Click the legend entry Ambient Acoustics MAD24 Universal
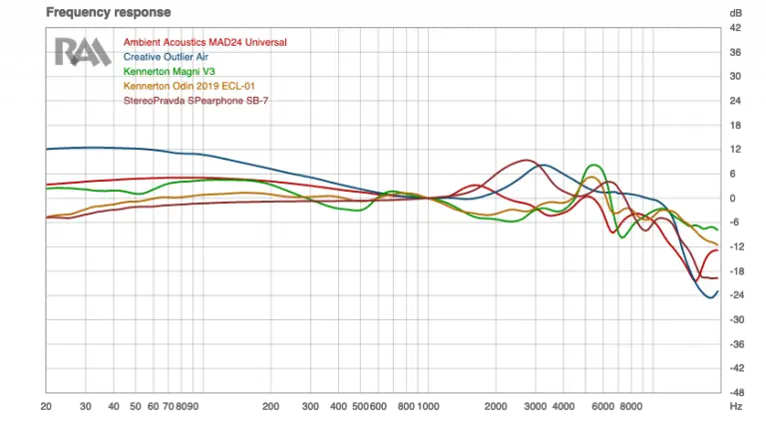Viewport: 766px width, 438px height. [x=204, y=43]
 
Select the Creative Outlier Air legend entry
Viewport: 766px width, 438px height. [x=166, y=57]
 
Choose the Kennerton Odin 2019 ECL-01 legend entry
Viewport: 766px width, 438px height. [x=187, y=87]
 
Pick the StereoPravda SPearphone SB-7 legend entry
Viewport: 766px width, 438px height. [x=195, y=101]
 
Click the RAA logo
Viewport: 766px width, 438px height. [x=82, y=52]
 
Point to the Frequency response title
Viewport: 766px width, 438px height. [x=97, y=12]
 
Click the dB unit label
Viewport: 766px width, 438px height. [x=735, y=13]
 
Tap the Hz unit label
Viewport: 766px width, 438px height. [x=735, y=407]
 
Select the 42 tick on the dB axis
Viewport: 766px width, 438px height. [x=735, y=28]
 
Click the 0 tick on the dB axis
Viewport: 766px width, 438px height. [x=735, y=198]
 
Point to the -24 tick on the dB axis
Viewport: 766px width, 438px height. [x=735, y=295]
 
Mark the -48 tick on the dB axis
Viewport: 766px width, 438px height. [x=735, y=392]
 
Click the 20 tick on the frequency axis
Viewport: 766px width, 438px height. [x=46, y=407]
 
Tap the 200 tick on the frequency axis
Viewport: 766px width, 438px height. [x=270, y=407]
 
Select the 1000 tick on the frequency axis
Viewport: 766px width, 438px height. [x=428, y=407]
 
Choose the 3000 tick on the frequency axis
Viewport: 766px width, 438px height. [x=536, y=407]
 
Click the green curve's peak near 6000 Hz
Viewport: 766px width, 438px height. [x=595, y=166]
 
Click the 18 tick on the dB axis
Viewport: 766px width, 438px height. [x=735, y=126]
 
